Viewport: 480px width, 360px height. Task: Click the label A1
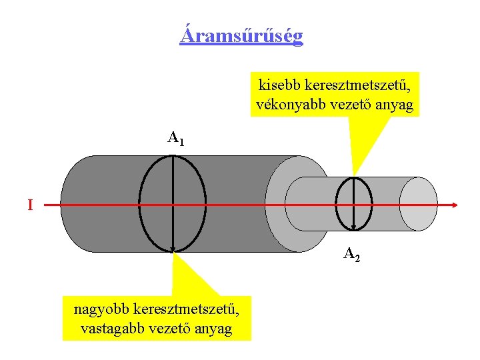pos(175,139)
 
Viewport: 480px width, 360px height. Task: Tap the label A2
pos(352,253)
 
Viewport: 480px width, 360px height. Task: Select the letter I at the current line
pos(30,205)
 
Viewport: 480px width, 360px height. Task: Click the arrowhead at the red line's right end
pos(455,205)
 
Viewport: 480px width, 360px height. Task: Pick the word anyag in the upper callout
pos(393,105)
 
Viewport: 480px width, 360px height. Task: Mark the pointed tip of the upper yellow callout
pos(353,175)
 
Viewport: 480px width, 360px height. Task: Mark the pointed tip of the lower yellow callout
pos(173,253)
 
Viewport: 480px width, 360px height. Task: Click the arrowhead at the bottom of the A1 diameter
pos(172,250)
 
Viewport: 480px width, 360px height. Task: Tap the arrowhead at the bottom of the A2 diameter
pos(353,227)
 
